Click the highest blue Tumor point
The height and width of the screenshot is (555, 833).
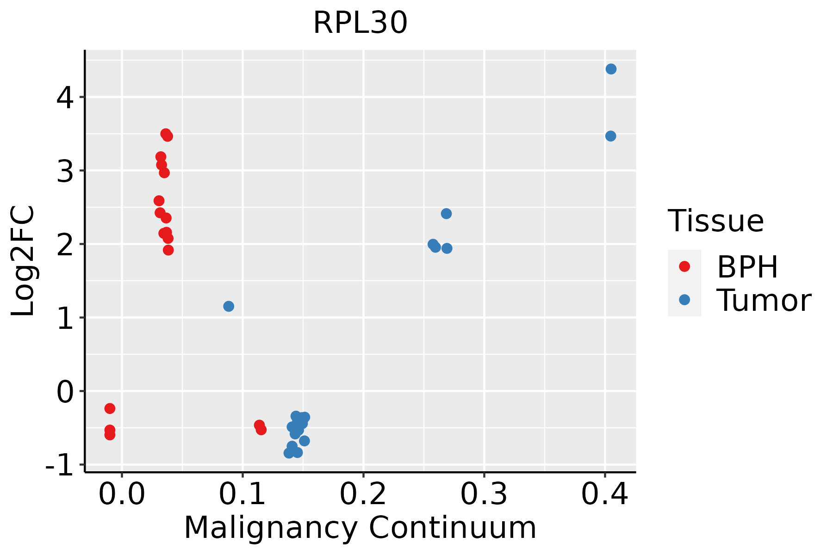click(x=611, y=69)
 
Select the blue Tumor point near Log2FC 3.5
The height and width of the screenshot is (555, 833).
click(x=610, y=136)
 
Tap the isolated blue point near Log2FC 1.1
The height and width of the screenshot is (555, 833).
click(x=229, y=306)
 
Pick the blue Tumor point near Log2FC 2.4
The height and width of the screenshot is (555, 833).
click(x=446, y=214)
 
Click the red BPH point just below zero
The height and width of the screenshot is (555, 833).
click(x=110, y=408)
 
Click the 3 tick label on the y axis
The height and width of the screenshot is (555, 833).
click(x=65, y=171)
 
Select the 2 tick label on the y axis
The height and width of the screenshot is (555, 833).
click(x=65, y=244)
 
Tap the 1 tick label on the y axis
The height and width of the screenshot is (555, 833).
click(x=65, y=318)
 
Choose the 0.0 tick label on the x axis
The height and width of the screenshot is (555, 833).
click(x=122, y=494)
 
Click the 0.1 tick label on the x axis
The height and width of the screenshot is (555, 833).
click(x=242, y=494)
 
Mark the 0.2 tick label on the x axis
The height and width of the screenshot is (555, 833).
click(x=363, y=494)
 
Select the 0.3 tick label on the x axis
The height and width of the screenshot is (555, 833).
click(x=484, y=494)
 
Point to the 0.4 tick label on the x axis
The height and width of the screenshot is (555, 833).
click(x=605, y=494)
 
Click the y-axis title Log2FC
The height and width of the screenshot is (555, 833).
click(x=23, y=261)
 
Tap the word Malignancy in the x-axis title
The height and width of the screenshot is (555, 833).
click(x=271, y=528)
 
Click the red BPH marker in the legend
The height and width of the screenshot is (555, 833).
click(x=684, y=266)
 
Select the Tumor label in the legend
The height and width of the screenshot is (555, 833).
click(x=764, y=301)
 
